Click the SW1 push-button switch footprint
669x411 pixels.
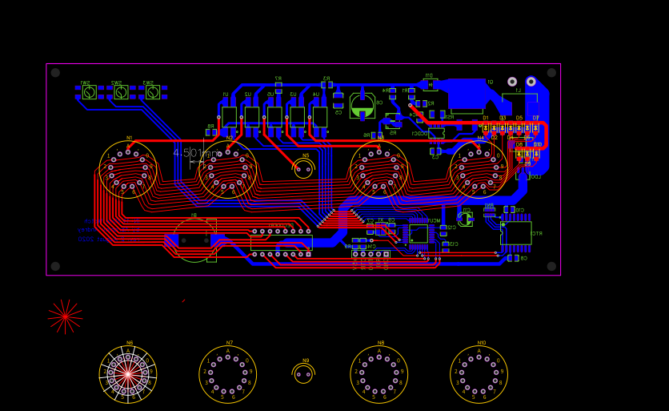pos(89,92)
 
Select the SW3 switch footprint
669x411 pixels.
pos(152,92)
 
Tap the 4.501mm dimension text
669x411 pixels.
pos(195,152)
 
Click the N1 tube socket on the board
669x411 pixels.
pos(128,169)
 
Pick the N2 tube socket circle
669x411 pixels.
pos(228,169)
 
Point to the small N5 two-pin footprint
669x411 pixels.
pos(303,168)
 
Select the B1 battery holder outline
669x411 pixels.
pos(194,240)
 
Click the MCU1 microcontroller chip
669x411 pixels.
pos(419,233)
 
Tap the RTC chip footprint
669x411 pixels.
pos(515,232)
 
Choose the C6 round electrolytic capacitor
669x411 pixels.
pos(363,106)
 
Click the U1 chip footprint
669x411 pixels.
pos(229,116)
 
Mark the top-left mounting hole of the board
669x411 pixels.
pos(55,73)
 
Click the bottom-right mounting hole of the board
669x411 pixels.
pos(551,266)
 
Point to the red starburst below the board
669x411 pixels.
pos(65,316)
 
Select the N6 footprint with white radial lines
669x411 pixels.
pos(128,373)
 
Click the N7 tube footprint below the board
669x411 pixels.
pos(228,374)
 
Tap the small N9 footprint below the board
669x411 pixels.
pos(303,373)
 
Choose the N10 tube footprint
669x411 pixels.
pos(479,374)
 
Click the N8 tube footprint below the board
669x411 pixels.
pos(379,374)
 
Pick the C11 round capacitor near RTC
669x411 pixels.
pos(465,218)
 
